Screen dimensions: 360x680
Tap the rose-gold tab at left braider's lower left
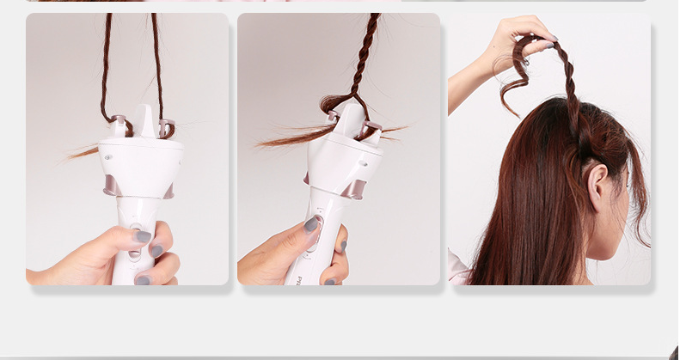click(110, 187)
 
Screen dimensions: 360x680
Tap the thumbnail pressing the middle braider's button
click(311, 225)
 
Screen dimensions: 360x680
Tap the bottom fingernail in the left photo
click(143, 279)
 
